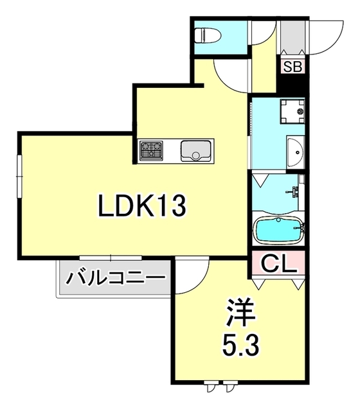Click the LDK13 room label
(142, 206)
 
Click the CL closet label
(279, 263)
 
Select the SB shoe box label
(292, 67)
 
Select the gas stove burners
(151, 150)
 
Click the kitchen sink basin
(195, 151)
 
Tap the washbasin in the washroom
(296, 152)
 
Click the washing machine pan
(292, 111)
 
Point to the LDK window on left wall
(19, 177)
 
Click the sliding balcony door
(111, 258)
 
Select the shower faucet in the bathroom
(294, 192)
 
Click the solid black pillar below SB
(292, 83)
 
